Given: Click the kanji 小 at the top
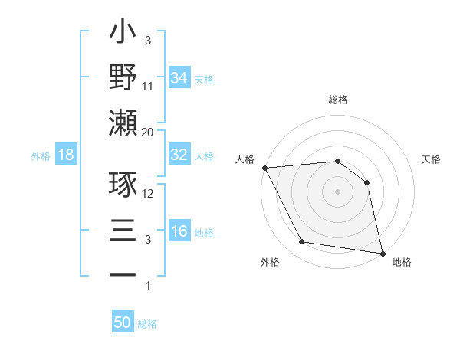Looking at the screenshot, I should pyautogui.click(x=123, y=35).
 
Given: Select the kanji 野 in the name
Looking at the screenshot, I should pyautogui.click(x=123, y=77).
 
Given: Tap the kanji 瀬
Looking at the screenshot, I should pyautogui.click(x=123, y=123).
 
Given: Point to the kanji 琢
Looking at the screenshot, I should pyautogui.click(x=123, y=186).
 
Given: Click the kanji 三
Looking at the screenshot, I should pyautogui.click(x=123, y=231).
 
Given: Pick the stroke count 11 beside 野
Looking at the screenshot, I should pyautogui.click(x=148, y=87).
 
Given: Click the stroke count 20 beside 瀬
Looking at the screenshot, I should pyautogui.click(x=148, y=132).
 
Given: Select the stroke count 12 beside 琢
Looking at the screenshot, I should pyautogui.click(x=148, y=195).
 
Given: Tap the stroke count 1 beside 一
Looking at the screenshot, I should pyautogui.click(x=148, y=286).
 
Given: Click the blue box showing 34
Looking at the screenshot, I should pyautogui.click(x=179, y=77).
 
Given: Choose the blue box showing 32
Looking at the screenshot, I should pyautogui.click(x=179, y=155).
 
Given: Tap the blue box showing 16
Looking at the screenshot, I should pyautogui.click(x=179, y=232).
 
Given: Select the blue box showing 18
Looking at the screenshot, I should pyautogui.click(x=66, y=155).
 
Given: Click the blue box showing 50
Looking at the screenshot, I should pyautogui.click(x=123, y=322).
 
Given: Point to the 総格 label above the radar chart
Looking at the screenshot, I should pyautogui.click(x=338, y=100).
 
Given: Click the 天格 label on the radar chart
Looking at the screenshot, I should pyautogui.click(x=432, y=159).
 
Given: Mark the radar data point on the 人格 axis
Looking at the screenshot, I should pyautogui.click(x=264, y=168).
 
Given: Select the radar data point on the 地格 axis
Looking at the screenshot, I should pyautogui.click(x=382, y=252).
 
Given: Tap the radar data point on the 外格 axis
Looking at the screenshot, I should pyautogui.click(x=302, y=242).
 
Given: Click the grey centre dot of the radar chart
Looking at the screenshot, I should pyautogui.click(x=338, y=191).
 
